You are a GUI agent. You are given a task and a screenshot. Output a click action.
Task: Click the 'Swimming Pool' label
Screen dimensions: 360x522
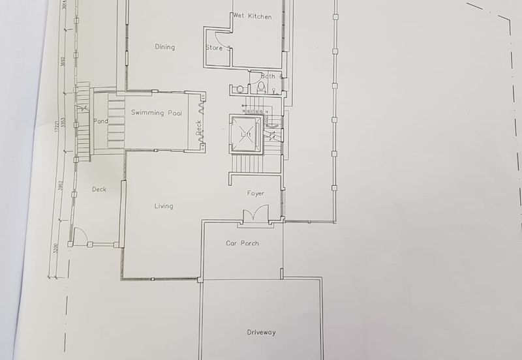coord(157,113)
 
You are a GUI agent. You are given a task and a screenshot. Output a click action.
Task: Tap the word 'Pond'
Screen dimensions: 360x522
coord(100,121)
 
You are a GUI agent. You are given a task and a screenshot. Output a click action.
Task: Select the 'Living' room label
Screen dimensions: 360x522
coord(164,206)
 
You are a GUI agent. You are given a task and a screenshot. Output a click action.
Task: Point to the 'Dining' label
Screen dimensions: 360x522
coord(164,47)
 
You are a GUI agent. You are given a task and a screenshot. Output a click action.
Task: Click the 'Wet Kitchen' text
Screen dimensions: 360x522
coord(252,16)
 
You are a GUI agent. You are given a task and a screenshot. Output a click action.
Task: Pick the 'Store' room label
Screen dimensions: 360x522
coord(215,48)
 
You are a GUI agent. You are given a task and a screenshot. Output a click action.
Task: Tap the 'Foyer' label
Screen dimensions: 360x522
coord(255,194)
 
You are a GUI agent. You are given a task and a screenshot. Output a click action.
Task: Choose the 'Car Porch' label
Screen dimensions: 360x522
coord(242,243)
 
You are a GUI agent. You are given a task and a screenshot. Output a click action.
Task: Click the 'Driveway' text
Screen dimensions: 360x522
coord(261,332)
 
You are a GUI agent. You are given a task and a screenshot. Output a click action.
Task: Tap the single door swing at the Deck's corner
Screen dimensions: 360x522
coord(80,236)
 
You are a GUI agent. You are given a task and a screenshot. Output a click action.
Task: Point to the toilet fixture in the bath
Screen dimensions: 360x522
coord(261,89)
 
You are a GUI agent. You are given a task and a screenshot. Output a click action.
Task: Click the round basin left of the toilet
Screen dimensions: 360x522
coord(239,89)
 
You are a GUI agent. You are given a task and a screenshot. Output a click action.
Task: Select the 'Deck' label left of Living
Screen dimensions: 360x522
coord(99,189)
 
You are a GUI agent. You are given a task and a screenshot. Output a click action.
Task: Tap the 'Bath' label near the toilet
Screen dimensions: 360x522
coord(268,76)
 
